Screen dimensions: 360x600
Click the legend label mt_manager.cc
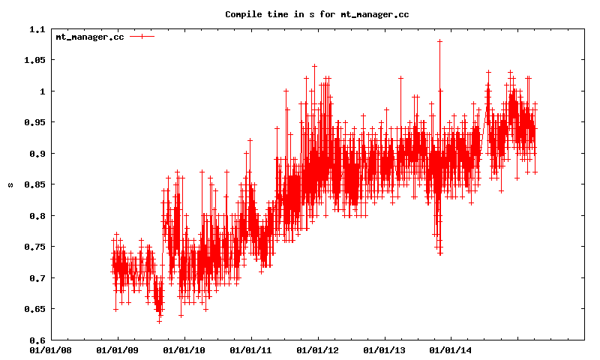[x=90, y=36]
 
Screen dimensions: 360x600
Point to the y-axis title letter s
[x=10, y=184]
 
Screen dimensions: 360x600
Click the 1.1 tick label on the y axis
[x=37, y=29]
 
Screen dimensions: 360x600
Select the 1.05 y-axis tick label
[x=34, y=60]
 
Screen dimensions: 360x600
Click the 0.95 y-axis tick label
[x=34, y=122]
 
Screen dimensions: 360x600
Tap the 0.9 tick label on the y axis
[x=37, y=154]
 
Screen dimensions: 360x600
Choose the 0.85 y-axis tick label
[x=34, y=184]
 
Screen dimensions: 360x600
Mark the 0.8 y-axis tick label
[x=37, y=216]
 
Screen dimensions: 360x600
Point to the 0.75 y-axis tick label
[x=34, y=247]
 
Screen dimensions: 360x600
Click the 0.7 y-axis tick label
[x=37, y=278]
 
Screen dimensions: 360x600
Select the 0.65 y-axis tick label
[x=34, y=309]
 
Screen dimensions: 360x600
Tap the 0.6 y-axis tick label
[x=37, y=340]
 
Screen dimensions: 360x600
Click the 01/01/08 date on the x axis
[x=51, y=349]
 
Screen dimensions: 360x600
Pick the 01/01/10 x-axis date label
[x=184, y=349]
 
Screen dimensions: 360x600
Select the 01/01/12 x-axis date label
[x=317, y=349]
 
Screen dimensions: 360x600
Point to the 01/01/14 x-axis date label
[x=451, y=349]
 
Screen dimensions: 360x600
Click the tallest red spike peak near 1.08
[x=439, y=40]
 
